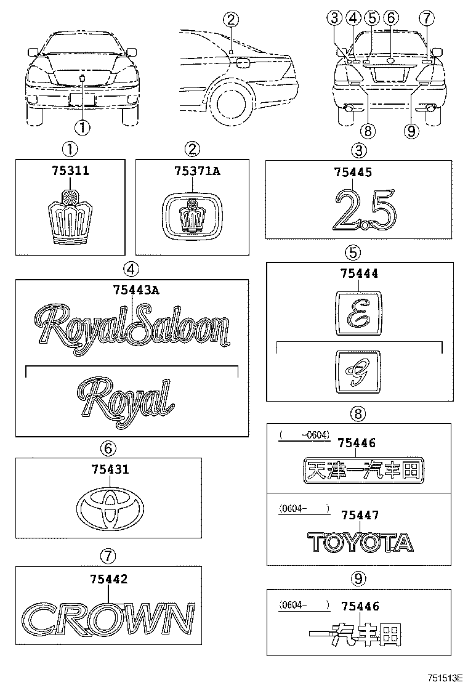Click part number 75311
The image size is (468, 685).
(70, 171)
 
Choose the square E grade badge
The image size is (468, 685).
(358, 312)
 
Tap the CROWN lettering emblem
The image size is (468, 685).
(108, 618)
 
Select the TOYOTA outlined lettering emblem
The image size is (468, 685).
(360, 542)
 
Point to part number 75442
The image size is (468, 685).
(109, 580)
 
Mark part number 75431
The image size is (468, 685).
(110, 470)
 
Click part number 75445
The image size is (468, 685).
(353, 174)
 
